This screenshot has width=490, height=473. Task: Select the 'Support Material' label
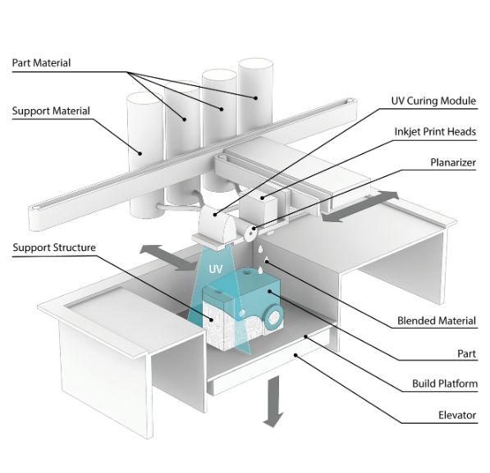pyautogui.click(x=51, y=110)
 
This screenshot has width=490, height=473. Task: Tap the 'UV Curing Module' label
pyautogui.click(x=433, y=102)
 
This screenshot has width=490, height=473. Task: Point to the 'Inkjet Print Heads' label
pyautogui.click(x=435, y=131)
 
